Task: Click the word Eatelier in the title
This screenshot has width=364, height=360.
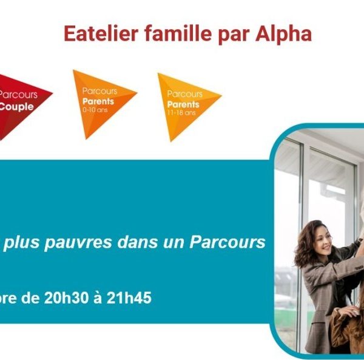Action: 101,34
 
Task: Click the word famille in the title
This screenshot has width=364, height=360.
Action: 178,34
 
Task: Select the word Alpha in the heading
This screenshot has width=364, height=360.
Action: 283,34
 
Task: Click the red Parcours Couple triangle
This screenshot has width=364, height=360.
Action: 21,102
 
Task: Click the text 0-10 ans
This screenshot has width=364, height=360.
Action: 95,110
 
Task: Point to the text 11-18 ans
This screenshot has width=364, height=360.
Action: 181,113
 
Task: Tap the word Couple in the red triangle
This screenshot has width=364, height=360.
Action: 16,107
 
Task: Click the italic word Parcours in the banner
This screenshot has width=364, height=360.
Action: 227,242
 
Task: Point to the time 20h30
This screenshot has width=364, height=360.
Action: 66,297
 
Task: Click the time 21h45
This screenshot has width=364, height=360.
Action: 129,297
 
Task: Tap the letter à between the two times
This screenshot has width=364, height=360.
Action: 98,297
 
